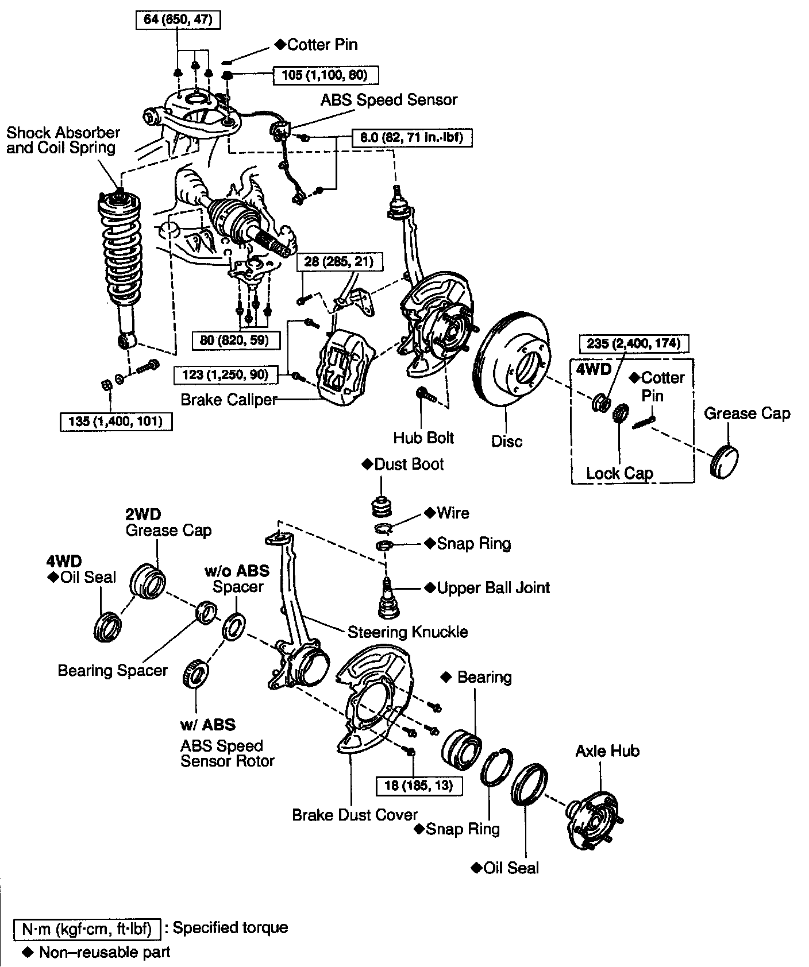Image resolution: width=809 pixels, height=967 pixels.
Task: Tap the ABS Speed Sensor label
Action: [389, 100]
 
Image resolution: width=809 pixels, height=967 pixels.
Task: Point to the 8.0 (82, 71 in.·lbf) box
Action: [412, 138]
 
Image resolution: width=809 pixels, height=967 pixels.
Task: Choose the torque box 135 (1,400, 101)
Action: [115, 421]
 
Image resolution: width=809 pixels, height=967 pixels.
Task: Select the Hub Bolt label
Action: [423, 438]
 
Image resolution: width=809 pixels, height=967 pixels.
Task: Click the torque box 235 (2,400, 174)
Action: [633, 343]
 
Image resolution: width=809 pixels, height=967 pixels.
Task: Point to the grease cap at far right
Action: [725, 460]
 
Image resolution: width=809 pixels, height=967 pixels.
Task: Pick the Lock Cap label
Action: [619, 473]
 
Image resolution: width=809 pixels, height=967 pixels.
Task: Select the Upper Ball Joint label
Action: [493, 587]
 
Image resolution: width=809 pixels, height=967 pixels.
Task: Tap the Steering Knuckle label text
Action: [407, 632]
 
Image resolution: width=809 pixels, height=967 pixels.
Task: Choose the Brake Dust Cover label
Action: [355, 815]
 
